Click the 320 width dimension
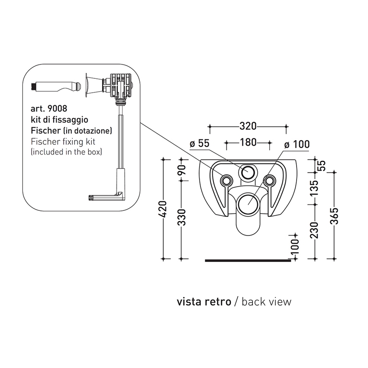(248, 126)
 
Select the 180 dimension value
(248, 142)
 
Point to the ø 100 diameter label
(297, 144)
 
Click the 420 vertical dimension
(162, 210)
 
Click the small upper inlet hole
(248, 171)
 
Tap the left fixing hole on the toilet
(226, 180)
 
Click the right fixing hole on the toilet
(269, 180)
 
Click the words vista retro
(203, 302)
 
